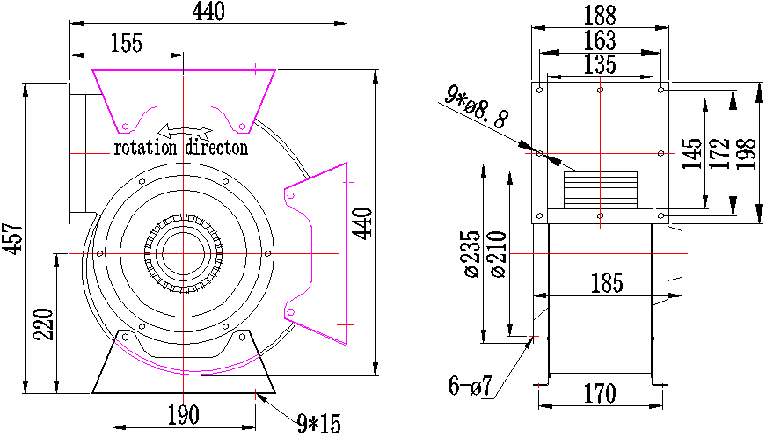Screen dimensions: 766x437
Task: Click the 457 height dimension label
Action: click(12, 238)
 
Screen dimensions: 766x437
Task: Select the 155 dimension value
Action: click(127, 42)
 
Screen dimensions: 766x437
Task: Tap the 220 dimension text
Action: click(43, 324)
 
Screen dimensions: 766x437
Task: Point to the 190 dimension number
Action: click(184, 415)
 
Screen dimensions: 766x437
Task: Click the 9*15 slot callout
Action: click(319, 423)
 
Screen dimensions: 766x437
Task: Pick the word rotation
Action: click(145, 148)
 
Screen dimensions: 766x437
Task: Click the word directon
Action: click(217, 148)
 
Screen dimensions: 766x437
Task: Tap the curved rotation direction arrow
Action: click(184, 131)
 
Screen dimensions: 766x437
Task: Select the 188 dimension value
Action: click(601, 16)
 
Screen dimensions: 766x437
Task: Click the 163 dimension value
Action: click(601, 40)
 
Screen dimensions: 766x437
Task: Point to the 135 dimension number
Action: click(601, 64)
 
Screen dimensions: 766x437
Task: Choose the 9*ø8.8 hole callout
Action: click(477, 107)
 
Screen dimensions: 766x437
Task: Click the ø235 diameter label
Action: click(472, 254)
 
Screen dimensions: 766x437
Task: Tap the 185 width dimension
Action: click(607, 283)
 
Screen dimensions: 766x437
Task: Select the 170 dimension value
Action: click(601, 394)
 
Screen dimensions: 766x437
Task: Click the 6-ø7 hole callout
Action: click(471, 387)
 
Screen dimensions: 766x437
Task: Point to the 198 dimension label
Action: click(747, 154)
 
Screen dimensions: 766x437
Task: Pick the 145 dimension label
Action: click(692, 154)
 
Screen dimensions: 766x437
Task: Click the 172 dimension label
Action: click(719, 154)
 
